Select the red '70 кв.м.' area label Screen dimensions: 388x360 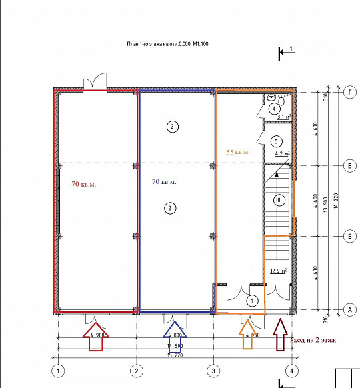point(84,184)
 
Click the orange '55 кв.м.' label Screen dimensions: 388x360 point(238,152)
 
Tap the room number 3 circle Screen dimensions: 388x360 point(172,126)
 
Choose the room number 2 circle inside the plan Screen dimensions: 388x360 point(171,209)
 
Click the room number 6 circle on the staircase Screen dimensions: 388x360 point(280,199)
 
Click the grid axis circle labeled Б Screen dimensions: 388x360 point(348,236)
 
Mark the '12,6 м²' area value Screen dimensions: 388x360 point(279,271)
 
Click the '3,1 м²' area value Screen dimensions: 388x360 point(284,117)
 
